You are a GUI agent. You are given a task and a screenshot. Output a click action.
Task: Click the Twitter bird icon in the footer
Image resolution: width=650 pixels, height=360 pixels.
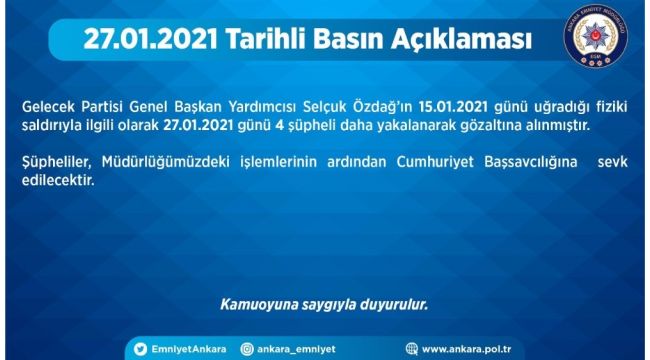(141, 348)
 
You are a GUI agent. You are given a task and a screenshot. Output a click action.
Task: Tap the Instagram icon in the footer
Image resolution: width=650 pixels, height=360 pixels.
(246, 348)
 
